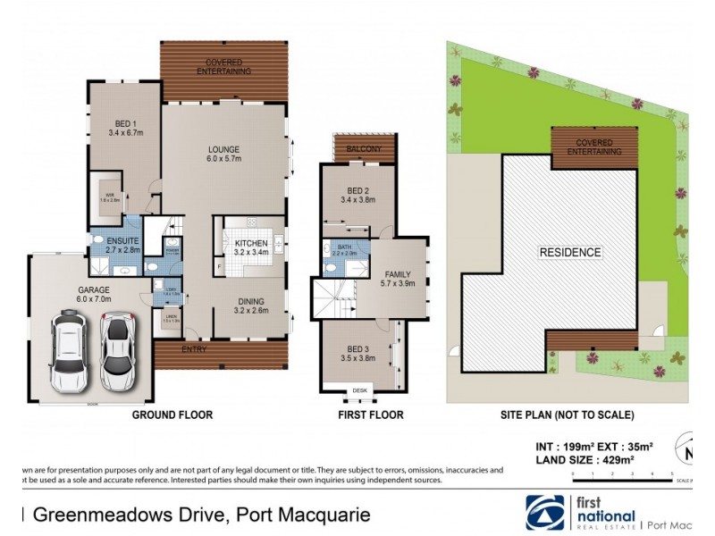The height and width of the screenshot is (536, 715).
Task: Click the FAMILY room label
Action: coord(396,279)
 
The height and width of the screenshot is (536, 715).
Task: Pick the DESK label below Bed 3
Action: coord(359,389)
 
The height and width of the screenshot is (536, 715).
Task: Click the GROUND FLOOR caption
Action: coord(172,415)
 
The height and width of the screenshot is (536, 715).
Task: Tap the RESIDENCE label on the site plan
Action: coord(569,253)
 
